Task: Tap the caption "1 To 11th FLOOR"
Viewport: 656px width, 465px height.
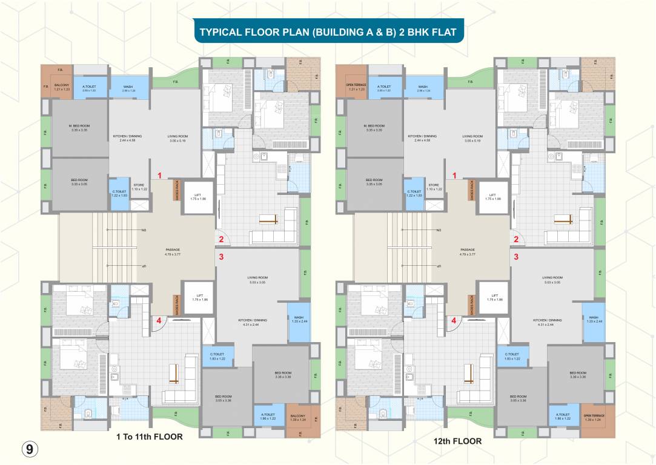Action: point(149,436)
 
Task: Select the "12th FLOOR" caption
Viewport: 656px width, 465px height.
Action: point(457,441)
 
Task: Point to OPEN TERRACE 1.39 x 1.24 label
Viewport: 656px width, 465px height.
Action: point(595,417)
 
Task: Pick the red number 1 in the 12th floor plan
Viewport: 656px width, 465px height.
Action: point(455,176)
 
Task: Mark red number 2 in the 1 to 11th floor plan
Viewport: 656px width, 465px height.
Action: point(221,239)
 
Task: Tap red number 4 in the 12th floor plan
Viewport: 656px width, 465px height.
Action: point(454,321)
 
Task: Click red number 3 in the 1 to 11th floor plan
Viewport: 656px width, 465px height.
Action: point(221,257)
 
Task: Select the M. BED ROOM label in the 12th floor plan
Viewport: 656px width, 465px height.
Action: point(374,128)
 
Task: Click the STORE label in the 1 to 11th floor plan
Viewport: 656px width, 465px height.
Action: point(139,187)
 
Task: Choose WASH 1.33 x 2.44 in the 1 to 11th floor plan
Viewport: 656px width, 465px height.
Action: point(299,320)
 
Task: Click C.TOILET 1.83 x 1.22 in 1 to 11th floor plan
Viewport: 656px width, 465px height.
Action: point(217,356)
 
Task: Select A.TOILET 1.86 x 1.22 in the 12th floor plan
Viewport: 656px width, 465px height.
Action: point(564,417)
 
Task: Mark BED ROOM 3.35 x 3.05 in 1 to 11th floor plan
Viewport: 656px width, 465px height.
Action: point(79,182)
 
